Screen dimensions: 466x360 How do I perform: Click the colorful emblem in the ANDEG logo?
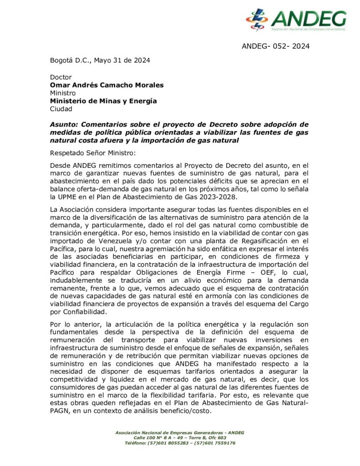[x=257, y=20]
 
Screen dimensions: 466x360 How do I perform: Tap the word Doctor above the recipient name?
[x=61, y=77]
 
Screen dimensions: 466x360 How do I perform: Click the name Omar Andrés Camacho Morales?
[x=106, y=85]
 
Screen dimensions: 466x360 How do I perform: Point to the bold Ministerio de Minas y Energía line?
[x=103, y=101]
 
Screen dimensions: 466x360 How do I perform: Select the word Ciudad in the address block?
[x=61, y=109]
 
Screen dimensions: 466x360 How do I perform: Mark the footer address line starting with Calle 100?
[x=180, y=437]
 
